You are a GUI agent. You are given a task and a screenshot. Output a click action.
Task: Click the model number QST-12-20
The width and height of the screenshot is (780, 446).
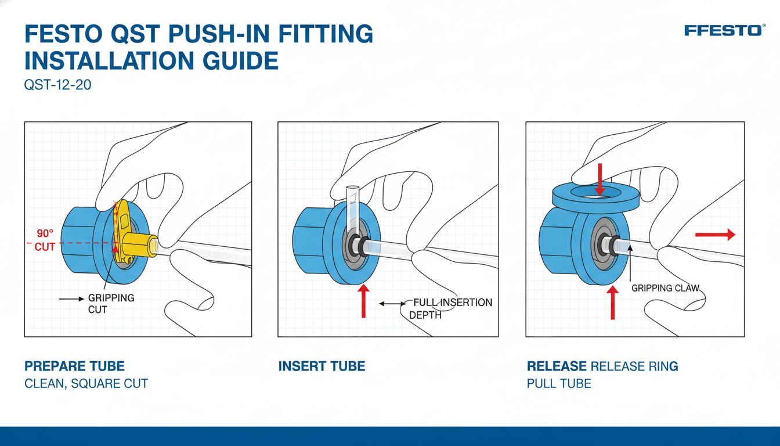(58, 85)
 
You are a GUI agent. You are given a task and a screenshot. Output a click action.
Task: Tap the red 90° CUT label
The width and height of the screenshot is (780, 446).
(45, 240)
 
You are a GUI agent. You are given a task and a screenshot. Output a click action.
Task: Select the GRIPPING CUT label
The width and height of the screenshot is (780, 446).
(111, 304)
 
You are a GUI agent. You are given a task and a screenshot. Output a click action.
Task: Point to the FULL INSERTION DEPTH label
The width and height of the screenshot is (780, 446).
(450, 308)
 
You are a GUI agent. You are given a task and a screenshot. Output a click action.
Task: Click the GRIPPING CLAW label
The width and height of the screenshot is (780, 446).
(665, 288)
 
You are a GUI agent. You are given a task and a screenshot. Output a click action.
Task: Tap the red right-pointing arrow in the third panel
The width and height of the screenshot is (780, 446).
(715, 235)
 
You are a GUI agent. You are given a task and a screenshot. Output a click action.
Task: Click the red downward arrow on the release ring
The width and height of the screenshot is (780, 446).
(600, 179)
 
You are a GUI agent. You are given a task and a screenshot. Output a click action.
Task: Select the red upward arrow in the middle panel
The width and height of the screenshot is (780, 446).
(363, 301)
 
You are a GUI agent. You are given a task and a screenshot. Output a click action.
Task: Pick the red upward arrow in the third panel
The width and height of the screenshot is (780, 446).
(612, 303)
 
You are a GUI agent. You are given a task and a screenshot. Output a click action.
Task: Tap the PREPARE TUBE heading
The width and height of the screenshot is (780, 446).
(74, 366)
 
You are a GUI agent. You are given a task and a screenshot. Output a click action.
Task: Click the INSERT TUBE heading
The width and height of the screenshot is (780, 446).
(322, 366)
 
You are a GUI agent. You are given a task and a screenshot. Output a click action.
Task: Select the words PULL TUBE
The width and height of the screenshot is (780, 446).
(559, 384)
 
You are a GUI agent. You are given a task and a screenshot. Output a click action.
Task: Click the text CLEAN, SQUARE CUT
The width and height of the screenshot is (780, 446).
(86, 384)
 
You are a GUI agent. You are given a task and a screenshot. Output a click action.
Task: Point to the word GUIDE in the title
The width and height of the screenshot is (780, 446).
(240, 60)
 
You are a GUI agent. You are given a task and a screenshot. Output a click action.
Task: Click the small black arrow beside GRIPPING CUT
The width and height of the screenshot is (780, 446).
(71, 299)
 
